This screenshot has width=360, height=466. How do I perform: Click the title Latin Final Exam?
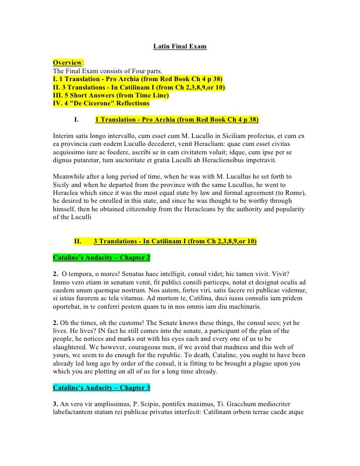[180, 47]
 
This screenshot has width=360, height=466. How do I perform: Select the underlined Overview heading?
[68, 63]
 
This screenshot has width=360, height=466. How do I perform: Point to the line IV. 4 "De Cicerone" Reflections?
[101, 103]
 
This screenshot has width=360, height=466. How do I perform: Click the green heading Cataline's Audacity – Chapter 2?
[101, 258]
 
